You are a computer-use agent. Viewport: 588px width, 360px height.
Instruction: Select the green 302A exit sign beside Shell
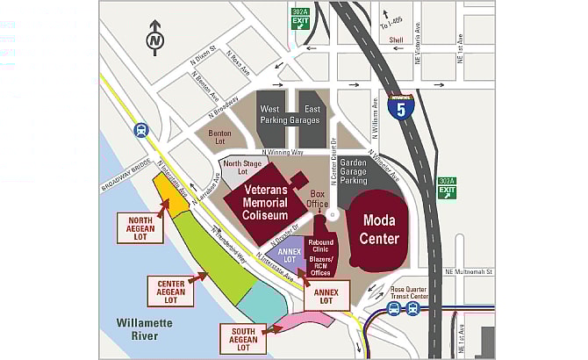pos(300,18)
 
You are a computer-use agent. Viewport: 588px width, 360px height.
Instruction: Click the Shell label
pos(397,40)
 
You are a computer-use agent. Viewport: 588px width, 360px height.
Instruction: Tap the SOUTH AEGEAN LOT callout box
pos(240,338)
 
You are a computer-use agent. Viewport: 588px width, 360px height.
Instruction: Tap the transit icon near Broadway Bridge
pos(140,131)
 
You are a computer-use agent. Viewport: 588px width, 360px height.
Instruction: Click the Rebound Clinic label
pos(322,248)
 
